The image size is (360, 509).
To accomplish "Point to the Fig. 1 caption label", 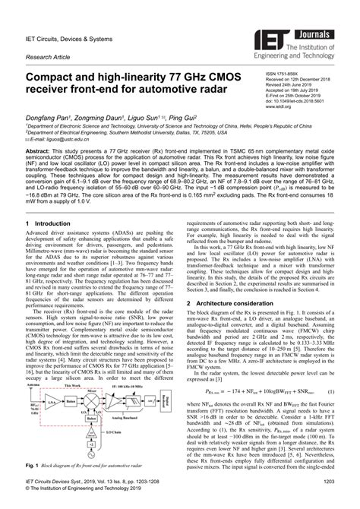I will point(33,465).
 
